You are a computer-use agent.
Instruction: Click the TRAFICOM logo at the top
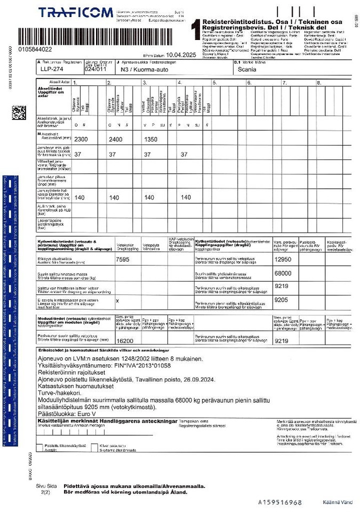(x=75, y=12)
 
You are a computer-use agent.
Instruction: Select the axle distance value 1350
(x=153, y=139)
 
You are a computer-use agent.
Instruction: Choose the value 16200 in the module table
(x=124, y=340)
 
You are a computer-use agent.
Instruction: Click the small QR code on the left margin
(x=19, y=113)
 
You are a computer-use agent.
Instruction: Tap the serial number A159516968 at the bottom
(x=280, y=502)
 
